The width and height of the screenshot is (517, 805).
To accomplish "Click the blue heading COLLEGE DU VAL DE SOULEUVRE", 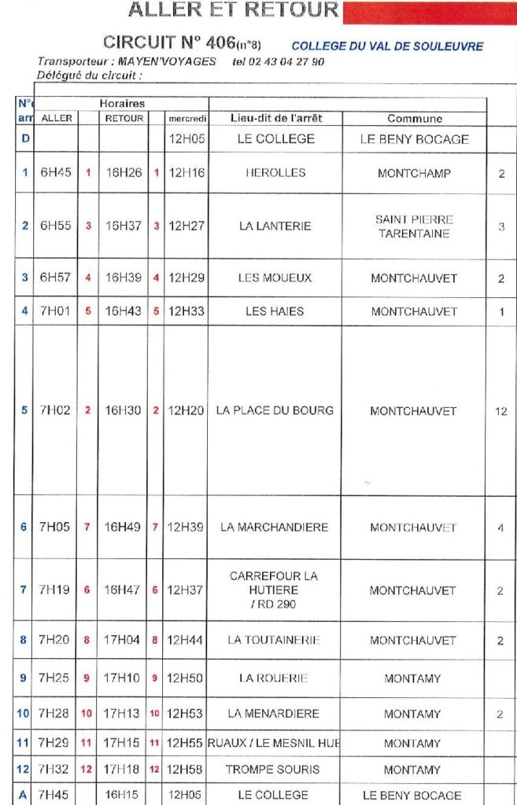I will [x=387, y=46].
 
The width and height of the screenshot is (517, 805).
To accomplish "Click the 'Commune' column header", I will [x=414, y=119].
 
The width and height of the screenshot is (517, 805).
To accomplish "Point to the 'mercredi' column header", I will [x=186, y=119].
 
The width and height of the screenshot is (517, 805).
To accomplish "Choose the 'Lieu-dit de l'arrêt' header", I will [x=275, y=118].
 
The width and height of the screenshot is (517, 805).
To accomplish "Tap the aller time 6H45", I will [x=56, y=173].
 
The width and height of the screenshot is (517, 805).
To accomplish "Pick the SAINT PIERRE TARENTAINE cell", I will [x=414, y=226].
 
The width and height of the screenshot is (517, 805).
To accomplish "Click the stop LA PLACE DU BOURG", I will [x=275, y=410].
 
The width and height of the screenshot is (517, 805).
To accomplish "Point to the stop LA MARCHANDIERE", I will [x=274, y=527].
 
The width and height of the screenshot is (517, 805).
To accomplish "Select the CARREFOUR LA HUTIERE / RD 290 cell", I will [x=274, y=590].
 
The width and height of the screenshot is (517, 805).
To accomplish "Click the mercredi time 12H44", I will [x=186, y=640].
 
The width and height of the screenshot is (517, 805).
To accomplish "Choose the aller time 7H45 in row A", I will [x=56, y=795].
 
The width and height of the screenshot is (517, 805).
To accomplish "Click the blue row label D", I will [x=24, y=139].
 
